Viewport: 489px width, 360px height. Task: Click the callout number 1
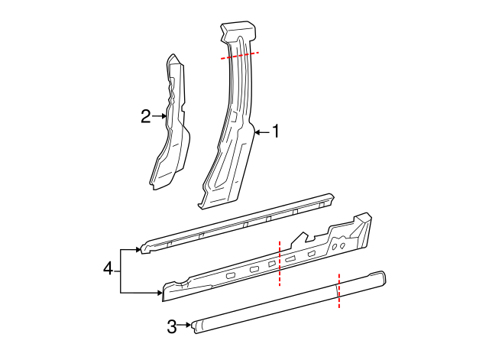point(276,132)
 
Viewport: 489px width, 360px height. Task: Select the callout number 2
point(146,116)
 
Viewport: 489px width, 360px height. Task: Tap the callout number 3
point(172,326)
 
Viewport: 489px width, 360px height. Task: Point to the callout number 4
point(108,268)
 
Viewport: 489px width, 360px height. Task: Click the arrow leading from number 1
point(262,132)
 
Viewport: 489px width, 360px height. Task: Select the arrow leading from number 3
point(184,326)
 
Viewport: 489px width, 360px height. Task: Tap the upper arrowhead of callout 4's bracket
point(138,249)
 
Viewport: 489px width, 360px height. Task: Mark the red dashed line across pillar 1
point(239,55)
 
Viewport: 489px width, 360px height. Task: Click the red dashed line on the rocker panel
point(280,263)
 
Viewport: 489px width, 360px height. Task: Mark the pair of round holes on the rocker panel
point(339,246)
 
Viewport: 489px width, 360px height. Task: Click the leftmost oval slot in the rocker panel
point(230,274)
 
